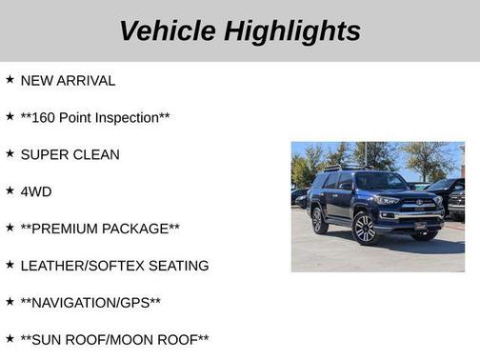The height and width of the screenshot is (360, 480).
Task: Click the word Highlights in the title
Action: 292,30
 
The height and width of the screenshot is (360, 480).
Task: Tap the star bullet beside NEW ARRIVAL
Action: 10,80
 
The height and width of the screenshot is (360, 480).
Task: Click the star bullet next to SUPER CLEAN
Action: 10,153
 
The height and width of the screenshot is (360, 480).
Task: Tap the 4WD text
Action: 36,191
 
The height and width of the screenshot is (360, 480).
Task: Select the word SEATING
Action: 177,266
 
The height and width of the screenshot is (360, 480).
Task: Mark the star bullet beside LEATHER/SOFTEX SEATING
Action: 10,265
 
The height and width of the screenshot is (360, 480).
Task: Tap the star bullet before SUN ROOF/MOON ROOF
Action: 10,339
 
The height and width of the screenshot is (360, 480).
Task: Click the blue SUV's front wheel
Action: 365,229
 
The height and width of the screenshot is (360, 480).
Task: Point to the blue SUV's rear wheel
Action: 319,221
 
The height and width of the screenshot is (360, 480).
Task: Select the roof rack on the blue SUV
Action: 345,168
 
